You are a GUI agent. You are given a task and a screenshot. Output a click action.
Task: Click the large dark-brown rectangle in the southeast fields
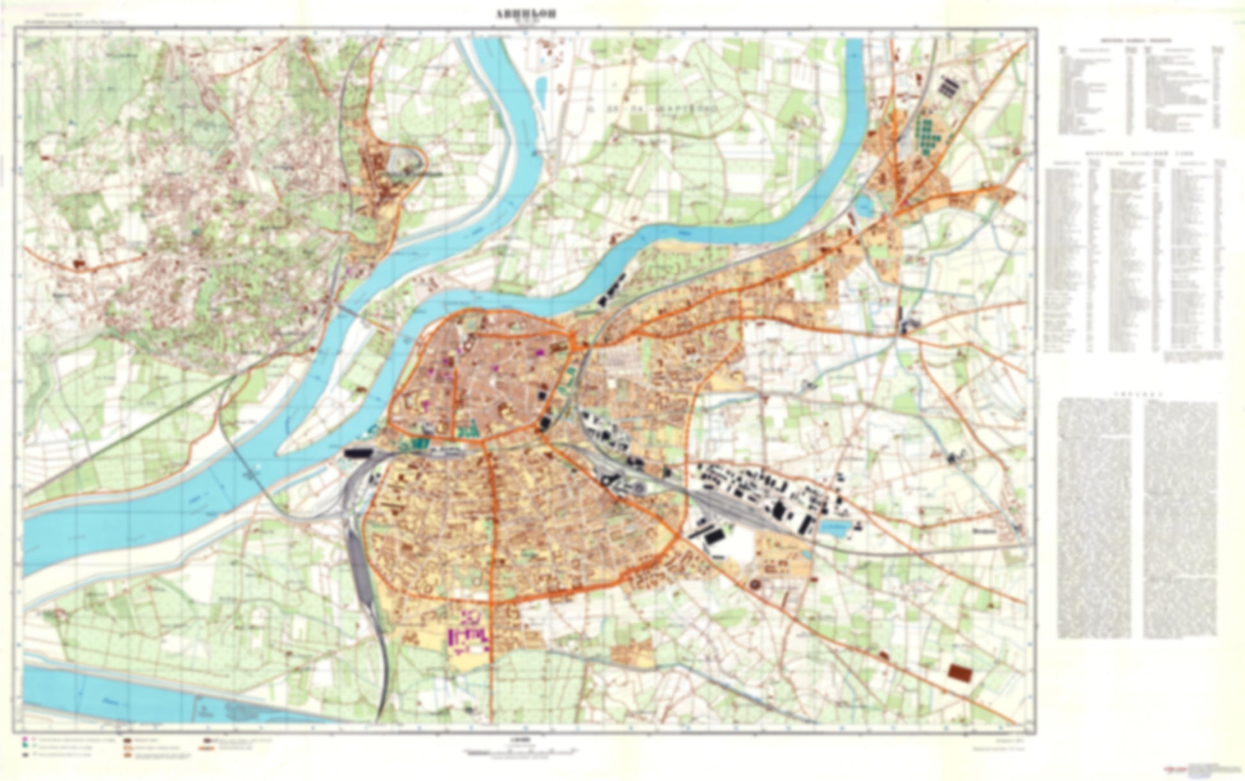(x=958, y=672)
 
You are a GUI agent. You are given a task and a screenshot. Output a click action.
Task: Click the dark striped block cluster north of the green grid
(x=947, y=86)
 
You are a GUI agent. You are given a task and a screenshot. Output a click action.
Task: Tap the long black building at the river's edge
(x=358, y=453)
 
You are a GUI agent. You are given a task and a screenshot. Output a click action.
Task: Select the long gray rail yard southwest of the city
(x=358, y=563)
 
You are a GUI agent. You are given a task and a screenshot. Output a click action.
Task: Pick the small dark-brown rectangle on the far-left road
(x=79, y=263)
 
